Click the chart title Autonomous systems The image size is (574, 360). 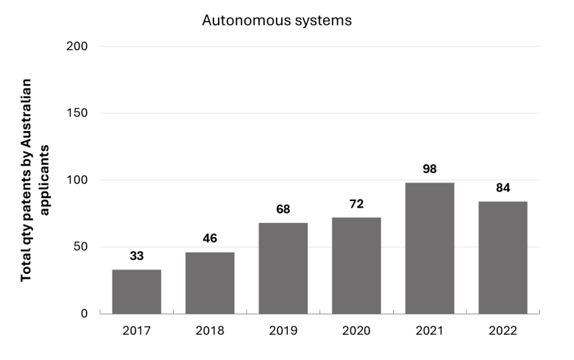(x=277, y=21)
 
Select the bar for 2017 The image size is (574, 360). (x=137, y=292)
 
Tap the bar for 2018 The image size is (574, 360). (x=210, y=283)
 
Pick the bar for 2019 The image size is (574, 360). (x=283, y=268)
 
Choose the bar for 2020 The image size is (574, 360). (x=357, y=266)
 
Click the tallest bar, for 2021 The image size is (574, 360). (x=430, y=248)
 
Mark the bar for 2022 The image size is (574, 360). (x=503, y=258)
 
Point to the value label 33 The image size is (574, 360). (x=137, y=256)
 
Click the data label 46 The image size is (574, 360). (x=210, y=239)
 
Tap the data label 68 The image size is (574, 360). (x=283, y=209)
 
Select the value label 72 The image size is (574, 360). (x=357, y=204)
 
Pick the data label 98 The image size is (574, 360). (x=430, y=169)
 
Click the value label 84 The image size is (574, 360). (x=503, y=188)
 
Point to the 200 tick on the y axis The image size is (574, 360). (x=77, y=46)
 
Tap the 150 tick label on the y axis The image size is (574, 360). (x=77, y=113)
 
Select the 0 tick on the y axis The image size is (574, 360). (x=84, y=314)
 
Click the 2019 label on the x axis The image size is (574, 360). (x=283, y=331)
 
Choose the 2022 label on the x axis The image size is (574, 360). (x=503, y=331)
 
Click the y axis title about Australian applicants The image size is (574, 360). (x=35, y=180)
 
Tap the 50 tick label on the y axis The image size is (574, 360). (x=80, y=247)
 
